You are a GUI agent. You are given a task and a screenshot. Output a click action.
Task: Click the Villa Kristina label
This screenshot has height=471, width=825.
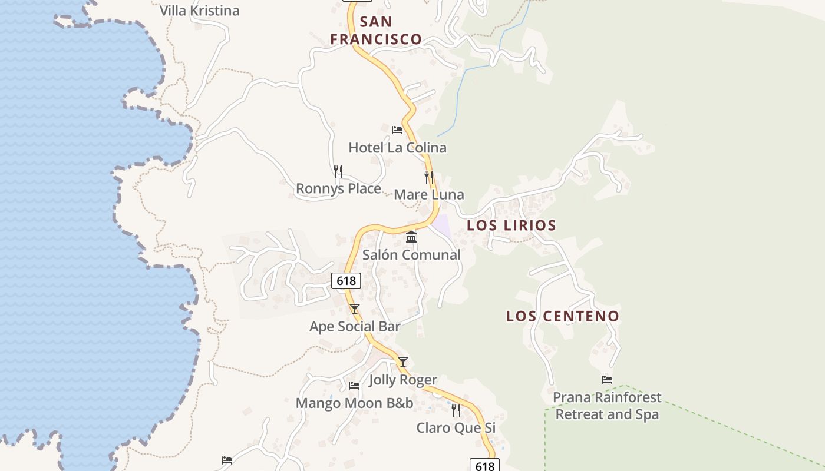(200, 11)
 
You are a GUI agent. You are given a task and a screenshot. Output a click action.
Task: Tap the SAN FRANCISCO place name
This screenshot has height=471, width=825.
(376, 31)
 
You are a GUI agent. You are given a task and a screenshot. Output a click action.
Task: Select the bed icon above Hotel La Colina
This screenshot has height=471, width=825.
(397, 130)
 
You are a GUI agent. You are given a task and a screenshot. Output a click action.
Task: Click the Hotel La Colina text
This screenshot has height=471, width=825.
(397, 147)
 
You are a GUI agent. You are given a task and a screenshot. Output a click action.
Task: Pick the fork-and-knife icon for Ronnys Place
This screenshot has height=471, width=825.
(338, 171)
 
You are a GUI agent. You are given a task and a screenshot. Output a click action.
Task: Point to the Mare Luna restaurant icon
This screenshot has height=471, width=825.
(429, 177)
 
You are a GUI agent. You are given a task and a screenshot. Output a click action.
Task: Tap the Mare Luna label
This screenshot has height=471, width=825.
(428, 194)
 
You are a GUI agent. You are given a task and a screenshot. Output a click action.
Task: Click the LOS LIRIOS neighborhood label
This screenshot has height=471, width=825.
(511, 225)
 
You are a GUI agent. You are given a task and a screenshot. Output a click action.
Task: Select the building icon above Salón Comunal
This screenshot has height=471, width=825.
(411, 237)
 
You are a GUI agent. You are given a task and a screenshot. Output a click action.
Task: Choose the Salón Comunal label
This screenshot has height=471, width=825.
(411, 254)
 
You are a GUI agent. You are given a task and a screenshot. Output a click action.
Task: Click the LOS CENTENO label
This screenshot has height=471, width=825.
(563, 316)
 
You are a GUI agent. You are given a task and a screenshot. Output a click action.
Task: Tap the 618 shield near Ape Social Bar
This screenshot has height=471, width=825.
(346, 281)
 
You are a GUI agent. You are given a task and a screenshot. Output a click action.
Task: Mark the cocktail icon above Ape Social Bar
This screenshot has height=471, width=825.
(355, 309)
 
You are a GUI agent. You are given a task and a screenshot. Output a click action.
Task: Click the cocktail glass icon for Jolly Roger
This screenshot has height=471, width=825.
(403, 362)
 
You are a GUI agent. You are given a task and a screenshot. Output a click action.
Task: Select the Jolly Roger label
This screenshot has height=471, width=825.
(403, 380)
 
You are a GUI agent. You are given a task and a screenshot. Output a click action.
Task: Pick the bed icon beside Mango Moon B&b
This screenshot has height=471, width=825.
(354, 386)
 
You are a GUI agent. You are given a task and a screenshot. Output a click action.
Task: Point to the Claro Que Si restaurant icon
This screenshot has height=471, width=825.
(456, 410)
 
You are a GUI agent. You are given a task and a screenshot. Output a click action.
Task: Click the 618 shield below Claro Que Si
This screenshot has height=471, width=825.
(484, 466)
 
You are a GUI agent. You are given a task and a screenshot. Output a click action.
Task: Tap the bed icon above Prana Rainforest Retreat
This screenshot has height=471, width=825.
(607, 380)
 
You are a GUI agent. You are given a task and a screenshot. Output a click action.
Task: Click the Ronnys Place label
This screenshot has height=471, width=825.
(338, 188)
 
